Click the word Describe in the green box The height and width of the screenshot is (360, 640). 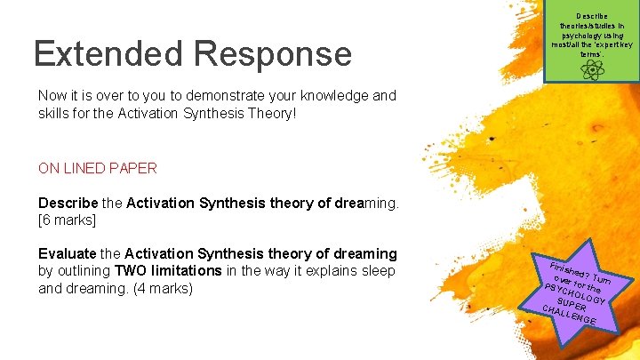click(x=591, y=15)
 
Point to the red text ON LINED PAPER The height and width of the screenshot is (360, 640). click(x=98, y=168)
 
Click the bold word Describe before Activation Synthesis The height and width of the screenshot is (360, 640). click(x=68, y=204)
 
